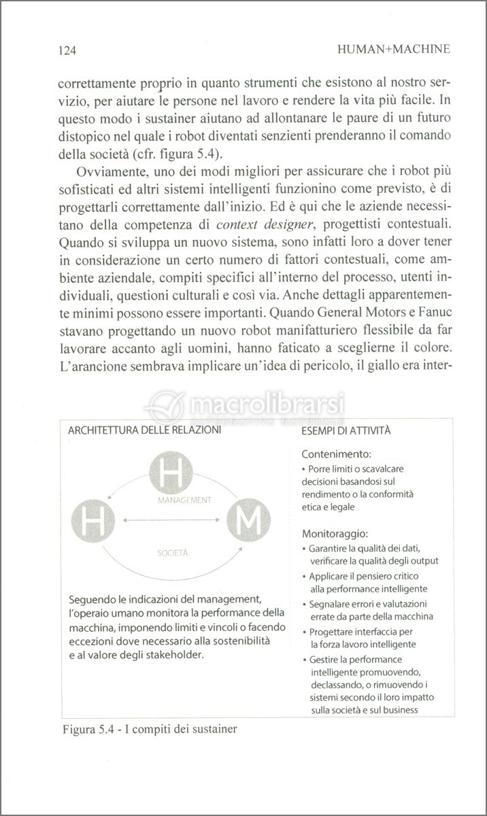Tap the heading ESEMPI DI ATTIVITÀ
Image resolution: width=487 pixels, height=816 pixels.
pos(346,430)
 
